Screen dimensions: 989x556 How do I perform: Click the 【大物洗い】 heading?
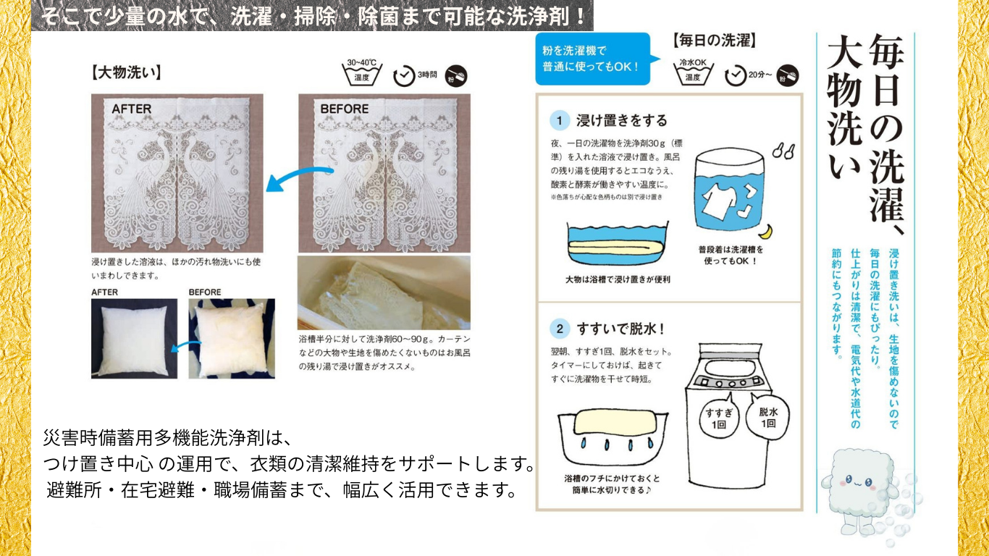click(x=126, y=72)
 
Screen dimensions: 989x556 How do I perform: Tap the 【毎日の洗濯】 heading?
click(x=715, y=41)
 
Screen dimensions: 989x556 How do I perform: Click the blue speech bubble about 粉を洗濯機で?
click(x=594, y=59)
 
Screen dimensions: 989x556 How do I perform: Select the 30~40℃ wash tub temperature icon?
click(x=361, y=72)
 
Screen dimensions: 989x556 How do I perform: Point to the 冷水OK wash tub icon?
click(x=693, y=72)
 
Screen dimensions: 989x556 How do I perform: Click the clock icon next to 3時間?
click(x=403, y=76)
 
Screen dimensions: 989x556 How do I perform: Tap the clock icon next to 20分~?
click(x=735, y=76)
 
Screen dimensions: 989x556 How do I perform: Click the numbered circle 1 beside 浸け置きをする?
click(x=560, y=121)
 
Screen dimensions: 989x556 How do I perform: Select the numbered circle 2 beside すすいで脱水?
click(x=560, y=329)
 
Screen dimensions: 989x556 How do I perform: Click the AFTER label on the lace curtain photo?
click(x=132, y=109)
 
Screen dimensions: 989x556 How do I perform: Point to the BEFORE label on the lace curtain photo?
click(x=345, y=109)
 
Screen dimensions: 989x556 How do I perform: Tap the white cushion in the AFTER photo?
click(x=134, y=339)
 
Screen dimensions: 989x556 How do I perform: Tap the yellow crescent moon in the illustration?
click(x=767, y=232)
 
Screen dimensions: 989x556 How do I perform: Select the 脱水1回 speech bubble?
click(x=767, y=415)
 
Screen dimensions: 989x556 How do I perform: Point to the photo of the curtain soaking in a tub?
click(x=384, y=292)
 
